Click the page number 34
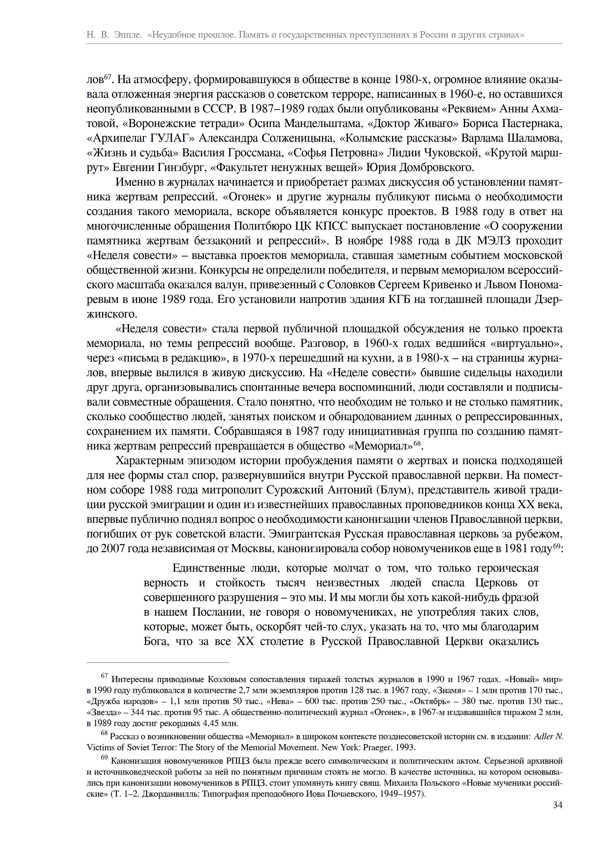(557, 805)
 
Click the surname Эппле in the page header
(128, 35)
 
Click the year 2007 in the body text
(112, 549)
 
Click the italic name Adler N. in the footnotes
(548, 736)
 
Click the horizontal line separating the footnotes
(158, 663)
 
